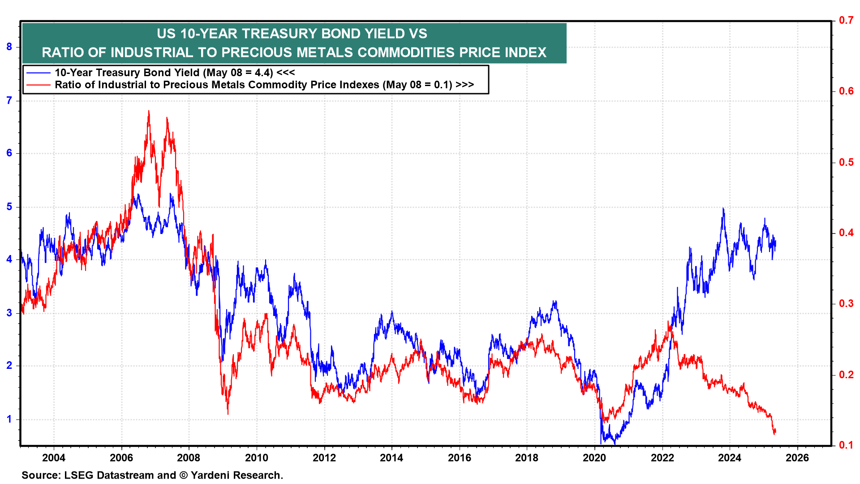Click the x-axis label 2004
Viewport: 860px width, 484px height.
click(54, 458)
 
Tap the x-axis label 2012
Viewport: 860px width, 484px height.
click(324, 458)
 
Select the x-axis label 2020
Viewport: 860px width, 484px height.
click(594, 458)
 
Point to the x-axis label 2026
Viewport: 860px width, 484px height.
click(797, 458)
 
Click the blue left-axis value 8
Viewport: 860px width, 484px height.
click(9, 47)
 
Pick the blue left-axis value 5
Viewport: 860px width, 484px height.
click(9, 207)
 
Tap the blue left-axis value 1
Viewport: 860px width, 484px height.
click(9, 419)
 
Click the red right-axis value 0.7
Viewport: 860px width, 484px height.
click(846, 20)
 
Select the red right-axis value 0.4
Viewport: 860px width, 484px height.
click(846, 233)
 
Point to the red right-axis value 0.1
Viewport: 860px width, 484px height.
click(846, 445)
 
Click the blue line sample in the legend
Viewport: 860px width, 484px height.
click(39, 73)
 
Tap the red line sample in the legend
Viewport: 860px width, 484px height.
click(39, 85)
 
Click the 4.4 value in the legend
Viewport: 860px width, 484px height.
click(264, 73)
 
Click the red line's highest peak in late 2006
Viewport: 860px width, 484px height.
click(149, 111)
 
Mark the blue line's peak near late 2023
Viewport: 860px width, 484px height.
click(723, 208)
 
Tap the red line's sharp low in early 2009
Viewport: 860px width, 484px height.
click(228, 413)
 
